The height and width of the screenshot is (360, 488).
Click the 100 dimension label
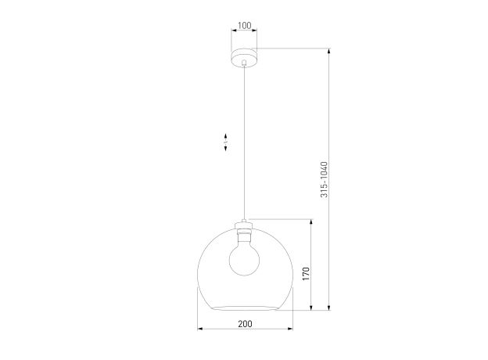point(244,26)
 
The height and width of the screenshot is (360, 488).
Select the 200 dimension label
point(246,324)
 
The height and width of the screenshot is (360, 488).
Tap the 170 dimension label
point(307,274)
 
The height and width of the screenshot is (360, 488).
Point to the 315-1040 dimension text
point(325,179)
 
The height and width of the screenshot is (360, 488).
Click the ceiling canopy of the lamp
point(244,58)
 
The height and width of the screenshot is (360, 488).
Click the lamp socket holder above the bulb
point(244,232)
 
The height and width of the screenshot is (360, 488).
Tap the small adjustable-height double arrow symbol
point(225,142)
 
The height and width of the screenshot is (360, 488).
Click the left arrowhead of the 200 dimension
point(200,329)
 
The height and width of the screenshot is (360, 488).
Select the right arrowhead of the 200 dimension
point(290,329)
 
